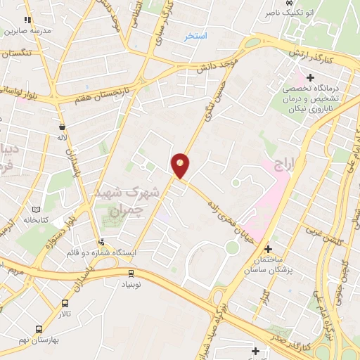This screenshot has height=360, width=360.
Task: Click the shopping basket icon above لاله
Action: tap(63, 127)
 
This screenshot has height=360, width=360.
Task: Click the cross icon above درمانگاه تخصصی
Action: tap(310, 77)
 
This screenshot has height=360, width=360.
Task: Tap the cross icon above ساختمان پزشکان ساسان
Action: tap(267, 248)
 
